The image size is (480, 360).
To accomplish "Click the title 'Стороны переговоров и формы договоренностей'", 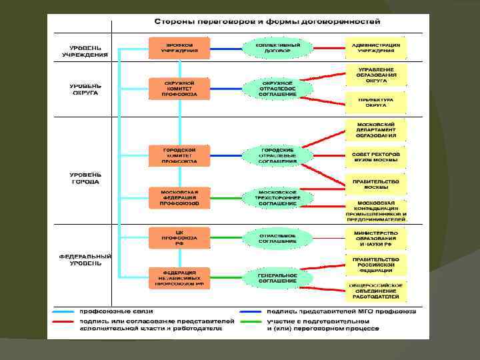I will pos(267,22).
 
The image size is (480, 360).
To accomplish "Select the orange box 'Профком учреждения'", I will pos(179,47).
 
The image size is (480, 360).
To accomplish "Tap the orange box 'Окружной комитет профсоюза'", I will pos(179,88).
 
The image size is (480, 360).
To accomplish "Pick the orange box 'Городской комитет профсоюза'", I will pos(179,155).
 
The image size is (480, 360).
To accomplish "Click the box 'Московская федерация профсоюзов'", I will pos(179,198).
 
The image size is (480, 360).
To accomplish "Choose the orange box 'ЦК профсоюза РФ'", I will pos(179,238).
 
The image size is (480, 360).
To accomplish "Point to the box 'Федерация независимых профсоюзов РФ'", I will pos(179,278).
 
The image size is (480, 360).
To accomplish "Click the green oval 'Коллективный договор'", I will pos(277,47).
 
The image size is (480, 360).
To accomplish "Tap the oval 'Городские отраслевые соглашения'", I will pos(277,155).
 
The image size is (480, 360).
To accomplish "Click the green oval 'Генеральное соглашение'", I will pos(277,278).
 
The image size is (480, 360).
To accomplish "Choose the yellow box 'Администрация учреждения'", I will pos(375,47).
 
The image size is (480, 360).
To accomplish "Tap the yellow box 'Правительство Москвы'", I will pos(375,184).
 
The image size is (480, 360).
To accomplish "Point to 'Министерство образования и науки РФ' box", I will pos(375,238).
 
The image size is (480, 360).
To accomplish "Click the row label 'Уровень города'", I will pos(86,177).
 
